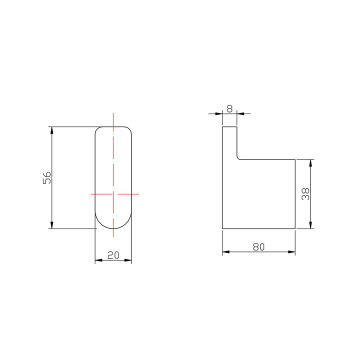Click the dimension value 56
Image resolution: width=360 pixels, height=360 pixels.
(x=46, y=178)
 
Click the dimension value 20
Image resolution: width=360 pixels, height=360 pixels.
(x=113, y=255)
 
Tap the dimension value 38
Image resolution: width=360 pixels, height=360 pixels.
(x=305, y=194)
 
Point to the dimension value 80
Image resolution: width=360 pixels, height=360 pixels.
(x=258, y=246)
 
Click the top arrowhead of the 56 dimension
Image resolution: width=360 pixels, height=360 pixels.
(x=52, y=129)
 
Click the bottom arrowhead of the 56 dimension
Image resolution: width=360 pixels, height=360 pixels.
(x=52, y=226)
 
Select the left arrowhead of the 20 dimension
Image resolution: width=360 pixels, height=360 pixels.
(x=97, y=260)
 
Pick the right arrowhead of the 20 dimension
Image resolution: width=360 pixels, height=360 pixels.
(x=128, y=260)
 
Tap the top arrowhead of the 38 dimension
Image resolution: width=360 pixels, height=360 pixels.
(x=311, y=162)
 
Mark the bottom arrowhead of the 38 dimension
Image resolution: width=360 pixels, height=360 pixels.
(x=311, y=226)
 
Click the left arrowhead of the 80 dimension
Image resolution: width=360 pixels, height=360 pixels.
(x=225, y=251)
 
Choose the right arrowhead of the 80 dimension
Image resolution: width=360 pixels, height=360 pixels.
(x=292, y=251)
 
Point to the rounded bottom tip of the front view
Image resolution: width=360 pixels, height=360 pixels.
(x=113, y=229)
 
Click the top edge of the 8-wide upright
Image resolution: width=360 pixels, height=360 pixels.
(x=229, y=127)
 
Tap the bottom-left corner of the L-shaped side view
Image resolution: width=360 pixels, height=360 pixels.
(x=222, y=229)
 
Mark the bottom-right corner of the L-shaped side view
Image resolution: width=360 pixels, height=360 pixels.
(x=295, y=229)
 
